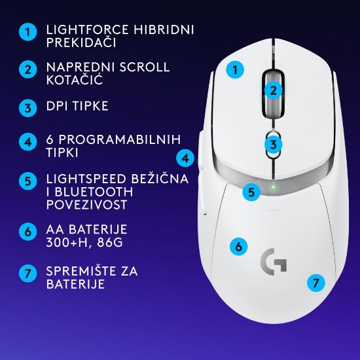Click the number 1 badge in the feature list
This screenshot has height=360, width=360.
27,31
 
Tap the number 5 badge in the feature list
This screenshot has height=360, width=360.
27,180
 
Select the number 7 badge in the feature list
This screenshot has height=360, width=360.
27,273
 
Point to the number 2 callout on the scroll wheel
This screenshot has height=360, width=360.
274,91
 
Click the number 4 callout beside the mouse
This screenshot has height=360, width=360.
186,158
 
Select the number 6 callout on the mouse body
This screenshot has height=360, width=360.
239,247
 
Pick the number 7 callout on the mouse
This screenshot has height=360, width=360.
315,283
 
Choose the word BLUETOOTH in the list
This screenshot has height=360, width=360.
94,192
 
